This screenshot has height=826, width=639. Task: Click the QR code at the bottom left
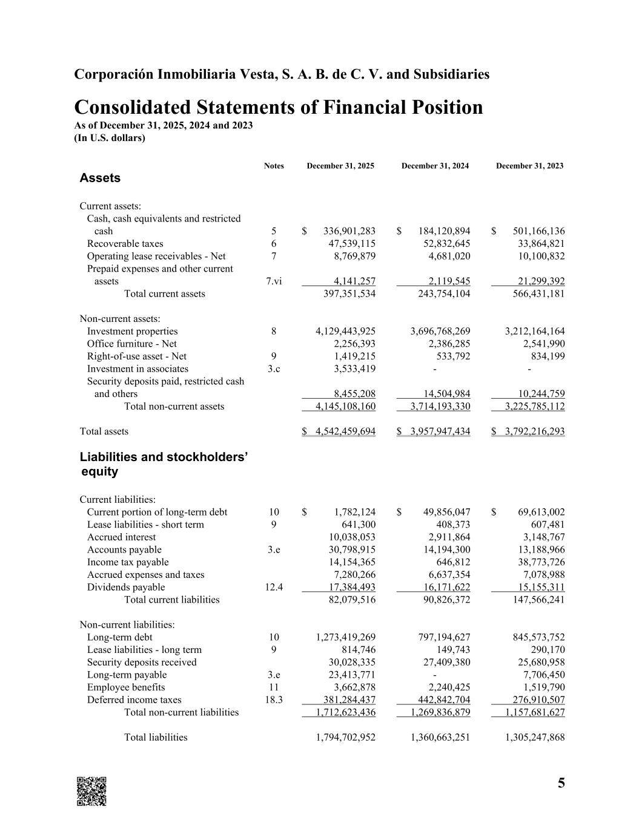(91, 791)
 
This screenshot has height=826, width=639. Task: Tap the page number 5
(561, 783)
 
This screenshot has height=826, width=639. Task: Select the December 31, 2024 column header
(435, 166)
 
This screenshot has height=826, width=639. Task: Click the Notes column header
(274, 166)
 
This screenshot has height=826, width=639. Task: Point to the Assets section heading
(100, 178)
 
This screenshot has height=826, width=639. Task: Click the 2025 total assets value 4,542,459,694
(345, 431)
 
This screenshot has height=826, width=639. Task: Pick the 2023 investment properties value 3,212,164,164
(534, 331)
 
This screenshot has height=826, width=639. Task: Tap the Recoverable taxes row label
(125, 244)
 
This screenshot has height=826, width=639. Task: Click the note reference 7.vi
(274, 281)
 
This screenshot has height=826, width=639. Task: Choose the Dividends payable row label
(126, 588)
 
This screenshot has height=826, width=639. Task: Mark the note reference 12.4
(274, 588)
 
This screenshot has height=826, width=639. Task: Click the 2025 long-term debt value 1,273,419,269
(345, 637)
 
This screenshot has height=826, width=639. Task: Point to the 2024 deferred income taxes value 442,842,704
(440, 700)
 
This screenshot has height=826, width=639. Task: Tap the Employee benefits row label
(126, 687)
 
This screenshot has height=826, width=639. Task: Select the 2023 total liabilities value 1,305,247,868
(534, 738)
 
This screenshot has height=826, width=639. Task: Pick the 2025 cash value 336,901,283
(349, 231)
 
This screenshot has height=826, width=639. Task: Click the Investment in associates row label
(137, 369)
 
